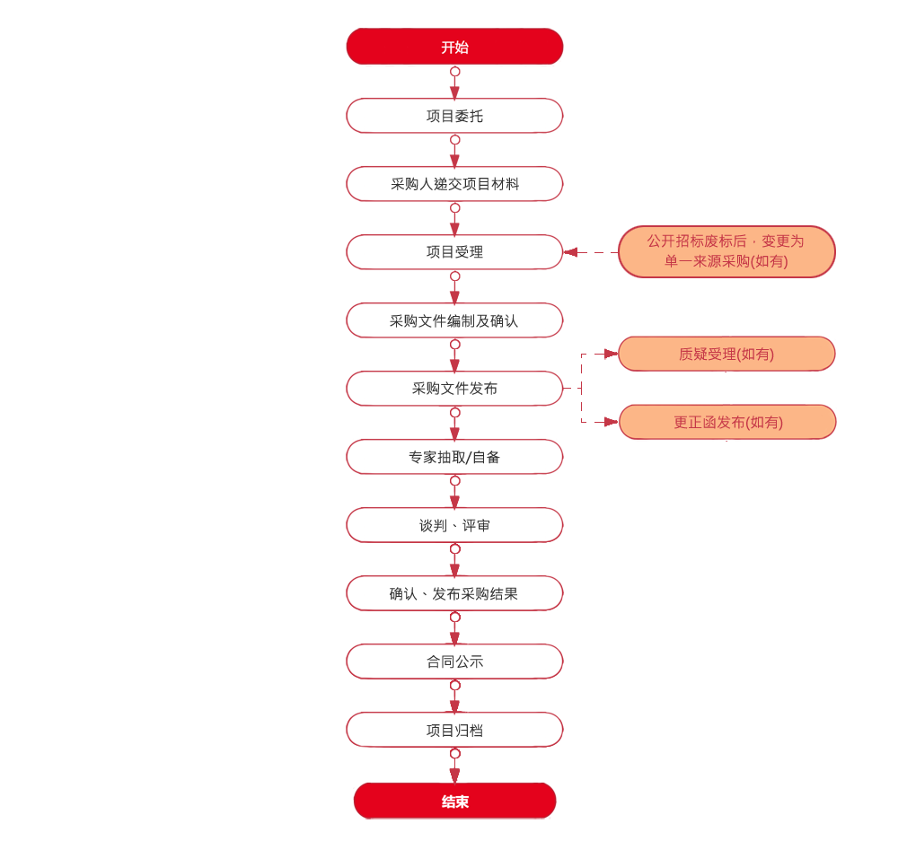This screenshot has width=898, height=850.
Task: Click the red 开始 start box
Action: [x=454, y=48]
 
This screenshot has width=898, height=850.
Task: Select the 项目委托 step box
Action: [x=454, y=116]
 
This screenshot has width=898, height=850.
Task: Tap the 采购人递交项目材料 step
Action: [x=454, y=184]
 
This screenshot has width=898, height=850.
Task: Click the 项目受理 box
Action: [x=454, y=252]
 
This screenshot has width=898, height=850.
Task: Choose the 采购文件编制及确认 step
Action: [x=454, y=320]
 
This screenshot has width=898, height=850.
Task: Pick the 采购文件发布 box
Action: [x=454, y=389]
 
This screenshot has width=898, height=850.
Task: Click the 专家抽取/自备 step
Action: [x=454, y=457]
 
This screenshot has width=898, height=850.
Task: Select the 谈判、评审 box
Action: [x=454, y=525]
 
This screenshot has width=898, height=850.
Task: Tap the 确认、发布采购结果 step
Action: [x=454, y=593]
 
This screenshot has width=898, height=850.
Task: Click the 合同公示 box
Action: [x=454, y=662]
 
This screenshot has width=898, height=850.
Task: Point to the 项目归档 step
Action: [x=454, y=730]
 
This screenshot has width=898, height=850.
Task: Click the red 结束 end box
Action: [x=454, y=802]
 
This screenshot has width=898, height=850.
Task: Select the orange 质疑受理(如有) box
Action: [x=726, y=355]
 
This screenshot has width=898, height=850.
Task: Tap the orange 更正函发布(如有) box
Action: [x=726, y=422]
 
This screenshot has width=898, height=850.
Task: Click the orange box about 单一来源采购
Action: [x=726, y=251]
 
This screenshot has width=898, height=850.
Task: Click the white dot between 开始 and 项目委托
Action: [x=455, y=72]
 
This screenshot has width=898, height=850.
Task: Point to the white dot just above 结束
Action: [x=455, y=754]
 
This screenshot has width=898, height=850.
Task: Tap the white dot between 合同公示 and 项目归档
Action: [x=455, y=686]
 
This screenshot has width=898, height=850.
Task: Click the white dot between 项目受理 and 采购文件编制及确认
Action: [x=455, y=276]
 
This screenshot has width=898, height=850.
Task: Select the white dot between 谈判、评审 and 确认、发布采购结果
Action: [x=455, y=549]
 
